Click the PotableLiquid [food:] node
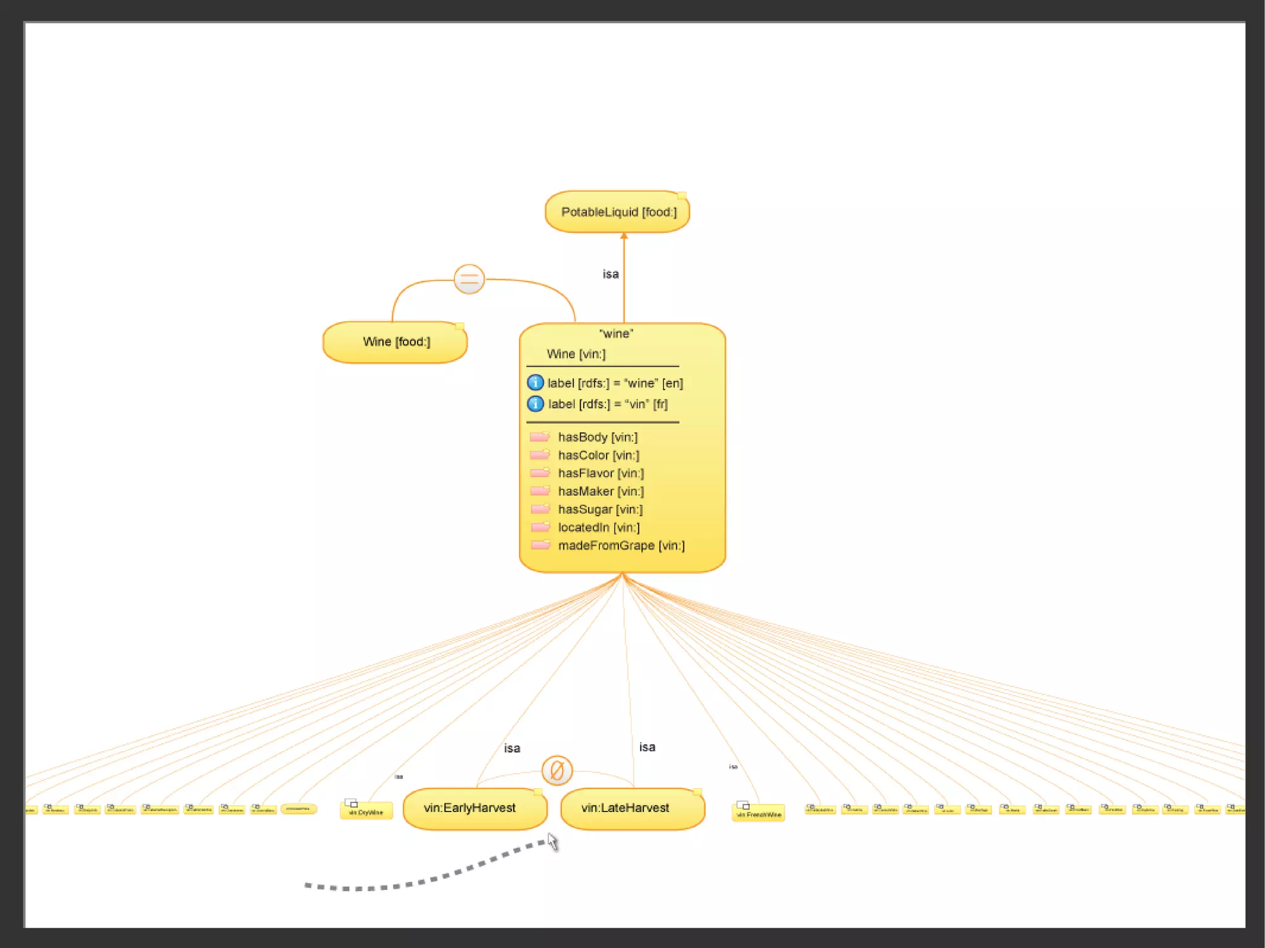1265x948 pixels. (617, 212)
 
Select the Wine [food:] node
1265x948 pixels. (395, 342)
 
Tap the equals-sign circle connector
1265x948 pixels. (469, 279)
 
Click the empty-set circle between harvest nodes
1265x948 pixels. (557, 771)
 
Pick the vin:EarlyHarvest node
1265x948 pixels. (474, 808)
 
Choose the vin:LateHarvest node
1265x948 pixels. (632, 808)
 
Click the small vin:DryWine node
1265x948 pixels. (366, 811)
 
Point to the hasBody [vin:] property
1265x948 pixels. (597, 437)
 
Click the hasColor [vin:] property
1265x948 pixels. (598, 455)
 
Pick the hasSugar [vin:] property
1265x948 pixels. (600, 510)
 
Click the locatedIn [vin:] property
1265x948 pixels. (599, 527)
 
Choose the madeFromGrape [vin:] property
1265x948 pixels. (621, 545)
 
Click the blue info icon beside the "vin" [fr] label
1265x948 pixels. (535, 404)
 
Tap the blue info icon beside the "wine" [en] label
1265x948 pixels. (535, 383)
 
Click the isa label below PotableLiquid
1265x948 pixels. (610, 274)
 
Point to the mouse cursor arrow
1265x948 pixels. (552, 841)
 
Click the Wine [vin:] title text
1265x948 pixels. (576, 354)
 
